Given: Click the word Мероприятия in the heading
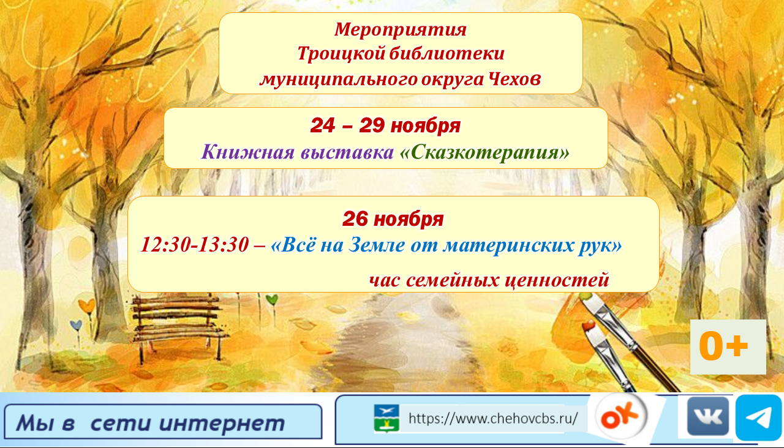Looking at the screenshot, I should tap(400, 29).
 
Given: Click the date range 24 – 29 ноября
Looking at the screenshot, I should tap(385, 125).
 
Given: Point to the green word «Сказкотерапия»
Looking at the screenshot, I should tap(484, 152).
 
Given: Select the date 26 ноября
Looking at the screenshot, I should tap(393, 218).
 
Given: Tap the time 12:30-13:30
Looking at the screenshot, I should tap(194, 245).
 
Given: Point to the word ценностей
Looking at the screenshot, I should tap(556, 280).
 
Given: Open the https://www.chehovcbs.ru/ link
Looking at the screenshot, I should tap(493, 419).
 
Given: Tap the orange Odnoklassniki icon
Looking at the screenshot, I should tap(622, 417).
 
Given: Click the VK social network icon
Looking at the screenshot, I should tap(707, 416).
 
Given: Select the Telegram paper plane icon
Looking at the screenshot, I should tap(758, 417).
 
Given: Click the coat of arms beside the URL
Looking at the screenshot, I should tap(386, 419).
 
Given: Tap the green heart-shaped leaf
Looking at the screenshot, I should tap(272, 299).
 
